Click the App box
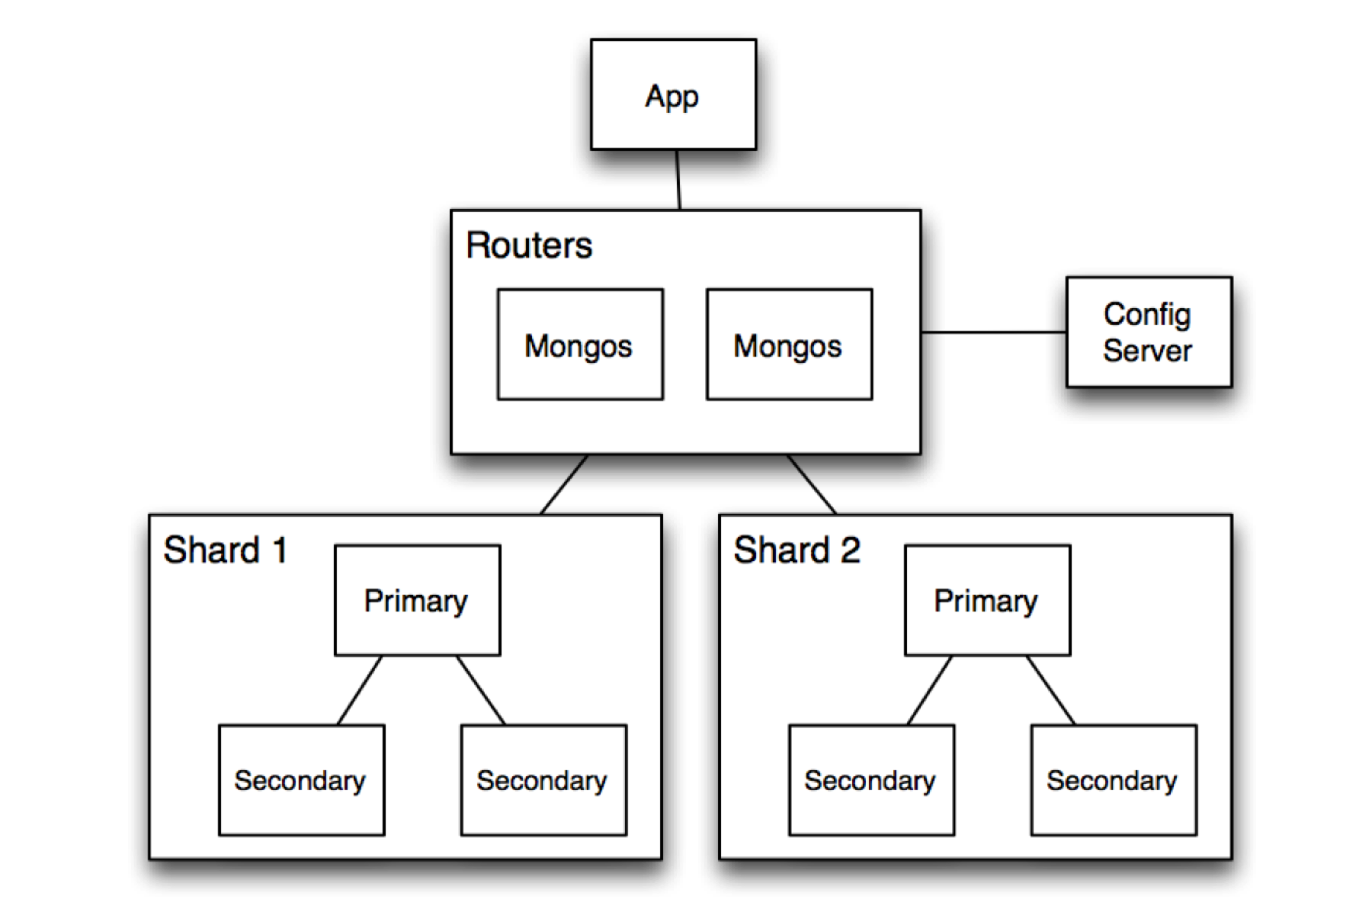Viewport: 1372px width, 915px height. pos(673,95)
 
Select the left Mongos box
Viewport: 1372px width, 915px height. pos(580,344)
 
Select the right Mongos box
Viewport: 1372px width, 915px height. pos(789,344)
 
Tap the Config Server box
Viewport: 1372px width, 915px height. pos(1149,332)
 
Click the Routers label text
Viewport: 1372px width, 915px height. pos(529,246)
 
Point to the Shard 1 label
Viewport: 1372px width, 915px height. pos(225,551)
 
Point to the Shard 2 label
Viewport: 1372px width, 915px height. pos(797,551)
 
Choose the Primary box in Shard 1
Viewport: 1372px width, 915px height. pos(417,600)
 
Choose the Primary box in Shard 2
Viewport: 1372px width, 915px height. pos(987,600)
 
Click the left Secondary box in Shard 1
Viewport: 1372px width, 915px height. pos(301,780)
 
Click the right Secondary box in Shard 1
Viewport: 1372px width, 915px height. pos(543,780)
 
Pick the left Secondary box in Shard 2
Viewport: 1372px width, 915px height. pos(871,780)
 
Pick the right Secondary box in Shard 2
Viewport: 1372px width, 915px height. pos(1114,780)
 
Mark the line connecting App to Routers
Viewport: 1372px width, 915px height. pos(678,180)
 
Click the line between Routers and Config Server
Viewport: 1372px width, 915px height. pos(993,332)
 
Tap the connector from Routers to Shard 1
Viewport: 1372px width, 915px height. pos(564,485)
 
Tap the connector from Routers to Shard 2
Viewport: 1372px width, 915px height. pos(812,485)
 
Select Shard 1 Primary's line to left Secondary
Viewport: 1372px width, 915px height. pos(359,690)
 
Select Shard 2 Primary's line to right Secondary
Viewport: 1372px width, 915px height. pos(1050,690)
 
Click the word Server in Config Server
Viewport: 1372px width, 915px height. pos(1147,351)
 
